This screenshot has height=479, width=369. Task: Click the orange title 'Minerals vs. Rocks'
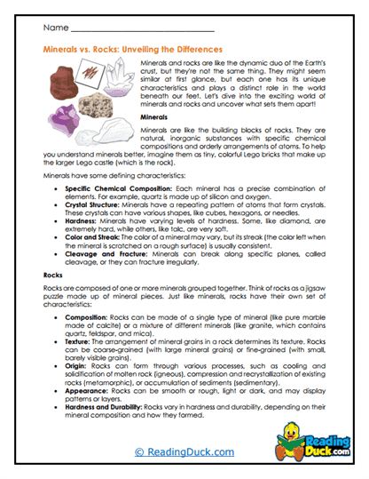[133, 51]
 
